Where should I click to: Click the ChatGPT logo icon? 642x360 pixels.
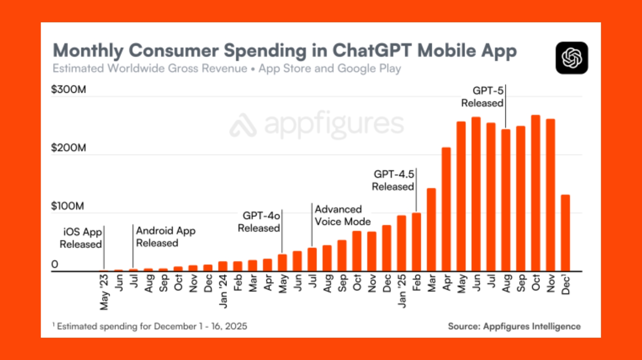[x=572, y=58]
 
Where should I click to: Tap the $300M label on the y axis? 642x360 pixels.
[x=69, y=89]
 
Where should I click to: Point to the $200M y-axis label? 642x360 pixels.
[x=69, y=148]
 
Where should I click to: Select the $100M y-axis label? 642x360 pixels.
[x=68, y=206]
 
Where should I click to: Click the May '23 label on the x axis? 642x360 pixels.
[x=104, y=292]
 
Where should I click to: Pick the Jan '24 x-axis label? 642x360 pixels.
[x=223, y=291]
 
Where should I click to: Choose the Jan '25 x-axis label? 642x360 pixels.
[x=402, y=291]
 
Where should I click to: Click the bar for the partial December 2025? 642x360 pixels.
[x=566, y=233]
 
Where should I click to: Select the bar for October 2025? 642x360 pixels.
[x=536, y=193]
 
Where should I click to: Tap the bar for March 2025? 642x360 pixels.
[x=431, y=230]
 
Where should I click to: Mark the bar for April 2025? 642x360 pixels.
[x=446, y=209]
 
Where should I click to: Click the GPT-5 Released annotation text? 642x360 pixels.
[x=482, y=97]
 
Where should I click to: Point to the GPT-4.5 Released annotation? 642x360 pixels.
[x=393, y=180]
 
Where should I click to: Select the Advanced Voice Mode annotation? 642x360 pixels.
[x=343, y=215]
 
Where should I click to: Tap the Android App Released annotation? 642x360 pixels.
[x=166, y=237]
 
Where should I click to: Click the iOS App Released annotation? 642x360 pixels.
[x=81, y=238]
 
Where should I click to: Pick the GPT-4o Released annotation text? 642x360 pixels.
[x=259, y=222]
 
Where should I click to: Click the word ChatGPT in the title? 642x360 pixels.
[x=372, y=50]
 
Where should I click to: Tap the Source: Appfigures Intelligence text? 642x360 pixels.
[x=514, y=326]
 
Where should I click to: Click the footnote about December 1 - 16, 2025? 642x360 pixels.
[x=150, y=326]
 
